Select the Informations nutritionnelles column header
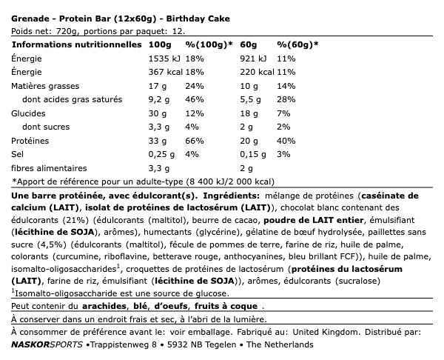pos(76,44)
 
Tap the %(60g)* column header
pos(297,44)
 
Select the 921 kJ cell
pos(255,59)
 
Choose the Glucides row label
pos(30,114)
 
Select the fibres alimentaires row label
pos(53,170)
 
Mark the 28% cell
pos(286,100)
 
